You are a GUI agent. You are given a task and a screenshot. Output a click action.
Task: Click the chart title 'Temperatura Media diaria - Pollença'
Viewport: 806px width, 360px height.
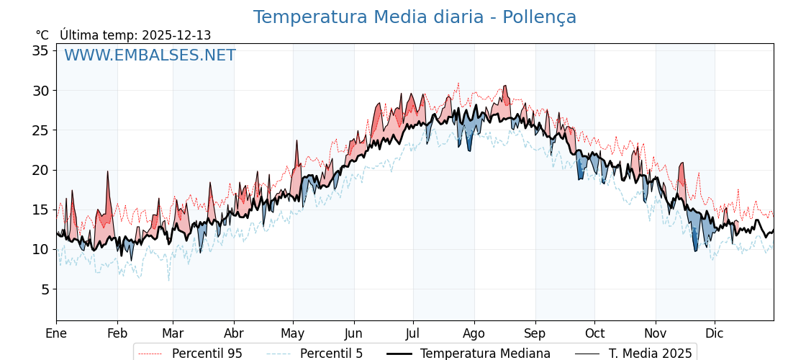click(x=415, y=17)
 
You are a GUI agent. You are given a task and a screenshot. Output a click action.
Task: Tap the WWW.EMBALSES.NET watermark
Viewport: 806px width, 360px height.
click(x=150, y=55)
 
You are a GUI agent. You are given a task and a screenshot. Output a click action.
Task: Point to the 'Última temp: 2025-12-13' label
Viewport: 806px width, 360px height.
click(x=135, y=35)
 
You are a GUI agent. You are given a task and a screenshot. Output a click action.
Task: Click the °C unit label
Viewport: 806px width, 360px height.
click(x=42, y=35)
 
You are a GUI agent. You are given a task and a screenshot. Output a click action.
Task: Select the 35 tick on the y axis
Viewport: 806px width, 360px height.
click(x=40, y=50)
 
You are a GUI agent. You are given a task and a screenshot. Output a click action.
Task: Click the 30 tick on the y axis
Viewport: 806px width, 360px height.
click(x=40, y=91)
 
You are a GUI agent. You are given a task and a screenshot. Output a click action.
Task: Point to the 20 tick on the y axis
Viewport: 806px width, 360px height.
click(x=40, y=170)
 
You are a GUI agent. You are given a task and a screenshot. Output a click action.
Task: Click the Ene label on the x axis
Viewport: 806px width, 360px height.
click(x=56, y=333)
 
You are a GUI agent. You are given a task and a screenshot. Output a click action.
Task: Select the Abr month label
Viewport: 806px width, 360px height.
click(x=234, y=333)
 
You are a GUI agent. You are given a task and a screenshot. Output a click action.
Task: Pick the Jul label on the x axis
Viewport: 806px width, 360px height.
click(x=413, y=333)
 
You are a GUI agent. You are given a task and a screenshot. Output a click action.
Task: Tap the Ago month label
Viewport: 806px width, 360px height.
click(x=474, y=333)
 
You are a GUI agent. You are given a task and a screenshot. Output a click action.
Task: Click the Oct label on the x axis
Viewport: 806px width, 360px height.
click(x=594, y=333)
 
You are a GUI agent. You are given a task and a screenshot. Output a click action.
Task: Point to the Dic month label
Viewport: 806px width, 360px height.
click(x=715, y=333)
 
